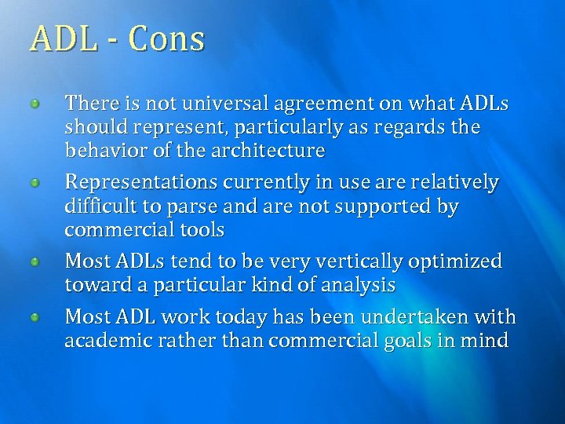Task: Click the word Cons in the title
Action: coord(166,38)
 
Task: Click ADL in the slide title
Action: coord(63,38)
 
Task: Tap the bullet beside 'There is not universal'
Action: coord(35,104)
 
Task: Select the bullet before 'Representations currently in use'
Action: coord(35,182)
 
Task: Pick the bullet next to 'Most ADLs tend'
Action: coord(35,261)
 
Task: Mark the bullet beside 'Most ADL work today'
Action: coord(35,317)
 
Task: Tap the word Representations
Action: coord(141,182)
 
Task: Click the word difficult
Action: coord(100,207)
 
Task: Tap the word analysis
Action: coord(359,285)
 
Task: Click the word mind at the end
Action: coord(487,341)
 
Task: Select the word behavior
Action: coord(102,150)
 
